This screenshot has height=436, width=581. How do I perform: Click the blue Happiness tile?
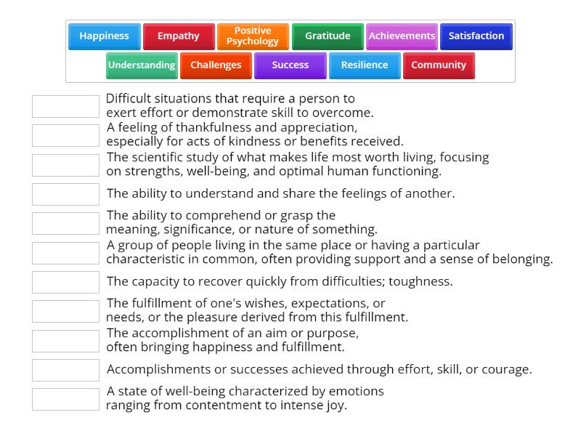click(x=104, y=36)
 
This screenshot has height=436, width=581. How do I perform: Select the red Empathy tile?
click(x=179, y=36)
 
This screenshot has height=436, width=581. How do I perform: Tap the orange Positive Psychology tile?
click(x=253, y=36)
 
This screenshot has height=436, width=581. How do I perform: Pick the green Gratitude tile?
click(x=328, y=36)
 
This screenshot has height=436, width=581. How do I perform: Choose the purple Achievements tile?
click(x=402, y=36)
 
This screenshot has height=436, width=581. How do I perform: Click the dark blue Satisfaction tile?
click(x=476, y=36)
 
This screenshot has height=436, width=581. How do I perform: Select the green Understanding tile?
click(x=142, y=65)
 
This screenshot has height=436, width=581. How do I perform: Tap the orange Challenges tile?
click(x=216, y=65)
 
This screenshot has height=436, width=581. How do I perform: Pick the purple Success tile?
click(x=290, y=65)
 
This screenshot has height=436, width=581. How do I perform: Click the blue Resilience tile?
click(x=365, y=65)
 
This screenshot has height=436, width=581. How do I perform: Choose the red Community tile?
click(x=439, y=65)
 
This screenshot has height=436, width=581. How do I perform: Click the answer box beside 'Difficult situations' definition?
click(x=65, y=106)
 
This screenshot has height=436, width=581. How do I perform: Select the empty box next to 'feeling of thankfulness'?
click(x=65, y=135)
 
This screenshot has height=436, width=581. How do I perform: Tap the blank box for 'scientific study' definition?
click(x=65, y=165)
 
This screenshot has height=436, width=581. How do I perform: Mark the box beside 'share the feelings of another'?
click(x=65, y=194)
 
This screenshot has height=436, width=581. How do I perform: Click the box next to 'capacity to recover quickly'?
click(x=65, y=282)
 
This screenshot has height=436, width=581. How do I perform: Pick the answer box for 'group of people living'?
click(x=65, y=253)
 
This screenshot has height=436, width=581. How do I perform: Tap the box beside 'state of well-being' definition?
click(x=65, y=399)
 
